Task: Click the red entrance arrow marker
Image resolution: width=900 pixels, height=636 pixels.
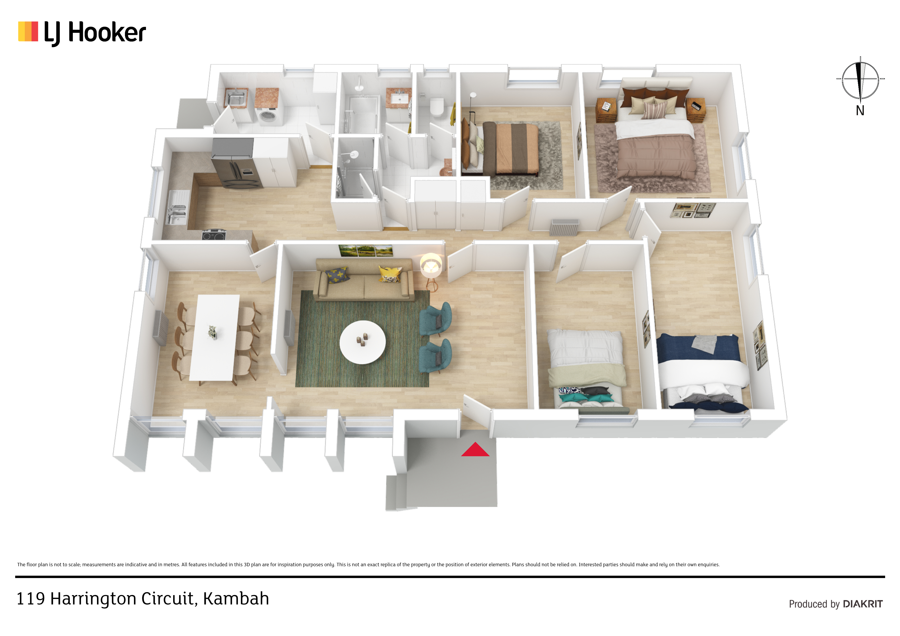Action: coord(475,450)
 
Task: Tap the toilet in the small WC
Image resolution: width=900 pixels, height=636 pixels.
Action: coord(437,107)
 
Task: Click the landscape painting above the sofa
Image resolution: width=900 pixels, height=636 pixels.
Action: coord(366,250)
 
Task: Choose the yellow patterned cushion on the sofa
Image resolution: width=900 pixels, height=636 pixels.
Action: coord(390,274)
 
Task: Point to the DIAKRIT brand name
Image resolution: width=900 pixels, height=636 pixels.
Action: coord(863,604)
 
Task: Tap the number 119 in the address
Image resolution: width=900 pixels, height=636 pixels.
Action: coord(31,599)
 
